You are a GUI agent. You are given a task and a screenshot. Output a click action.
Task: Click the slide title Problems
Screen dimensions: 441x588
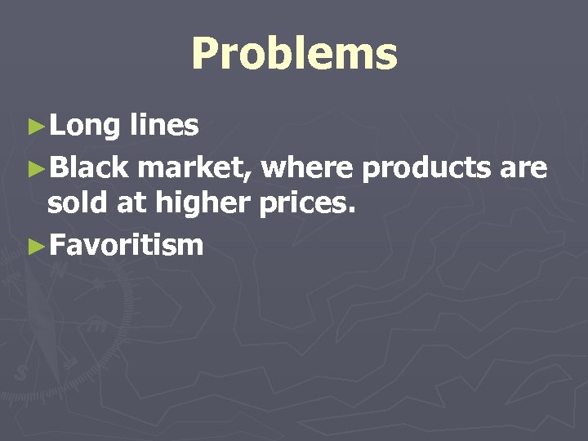294,55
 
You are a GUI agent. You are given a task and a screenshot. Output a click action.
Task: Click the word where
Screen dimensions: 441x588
308,167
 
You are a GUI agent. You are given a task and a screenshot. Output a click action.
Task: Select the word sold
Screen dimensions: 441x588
78,203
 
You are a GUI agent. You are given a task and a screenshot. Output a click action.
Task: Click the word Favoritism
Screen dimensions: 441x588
126,243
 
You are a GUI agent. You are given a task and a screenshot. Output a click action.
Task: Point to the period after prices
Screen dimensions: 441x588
352,212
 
